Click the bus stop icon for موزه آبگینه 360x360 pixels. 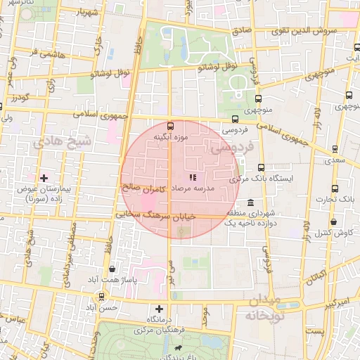(x=170, y=127)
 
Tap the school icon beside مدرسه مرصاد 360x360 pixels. (x=193, y=177)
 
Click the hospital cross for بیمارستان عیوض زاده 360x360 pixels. (x=44, y=179)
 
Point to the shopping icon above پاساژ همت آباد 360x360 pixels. (x=112, y=269)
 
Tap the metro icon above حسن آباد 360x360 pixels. (x=103, y=296)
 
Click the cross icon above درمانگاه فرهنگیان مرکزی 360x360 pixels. (x=160, y=309)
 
